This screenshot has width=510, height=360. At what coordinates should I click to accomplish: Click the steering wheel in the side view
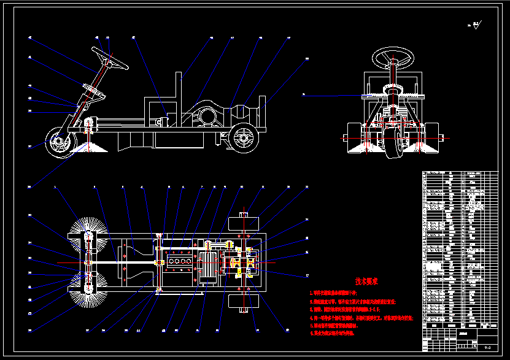[110, 58]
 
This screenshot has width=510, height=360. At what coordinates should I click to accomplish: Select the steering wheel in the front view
[393, 59]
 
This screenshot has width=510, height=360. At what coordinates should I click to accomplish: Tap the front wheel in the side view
[60, 144]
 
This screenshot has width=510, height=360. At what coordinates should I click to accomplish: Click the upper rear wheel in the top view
[245, 221]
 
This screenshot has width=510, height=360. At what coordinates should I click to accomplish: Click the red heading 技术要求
[366, 281]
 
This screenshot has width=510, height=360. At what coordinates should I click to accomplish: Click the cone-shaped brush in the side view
[89, 145]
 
